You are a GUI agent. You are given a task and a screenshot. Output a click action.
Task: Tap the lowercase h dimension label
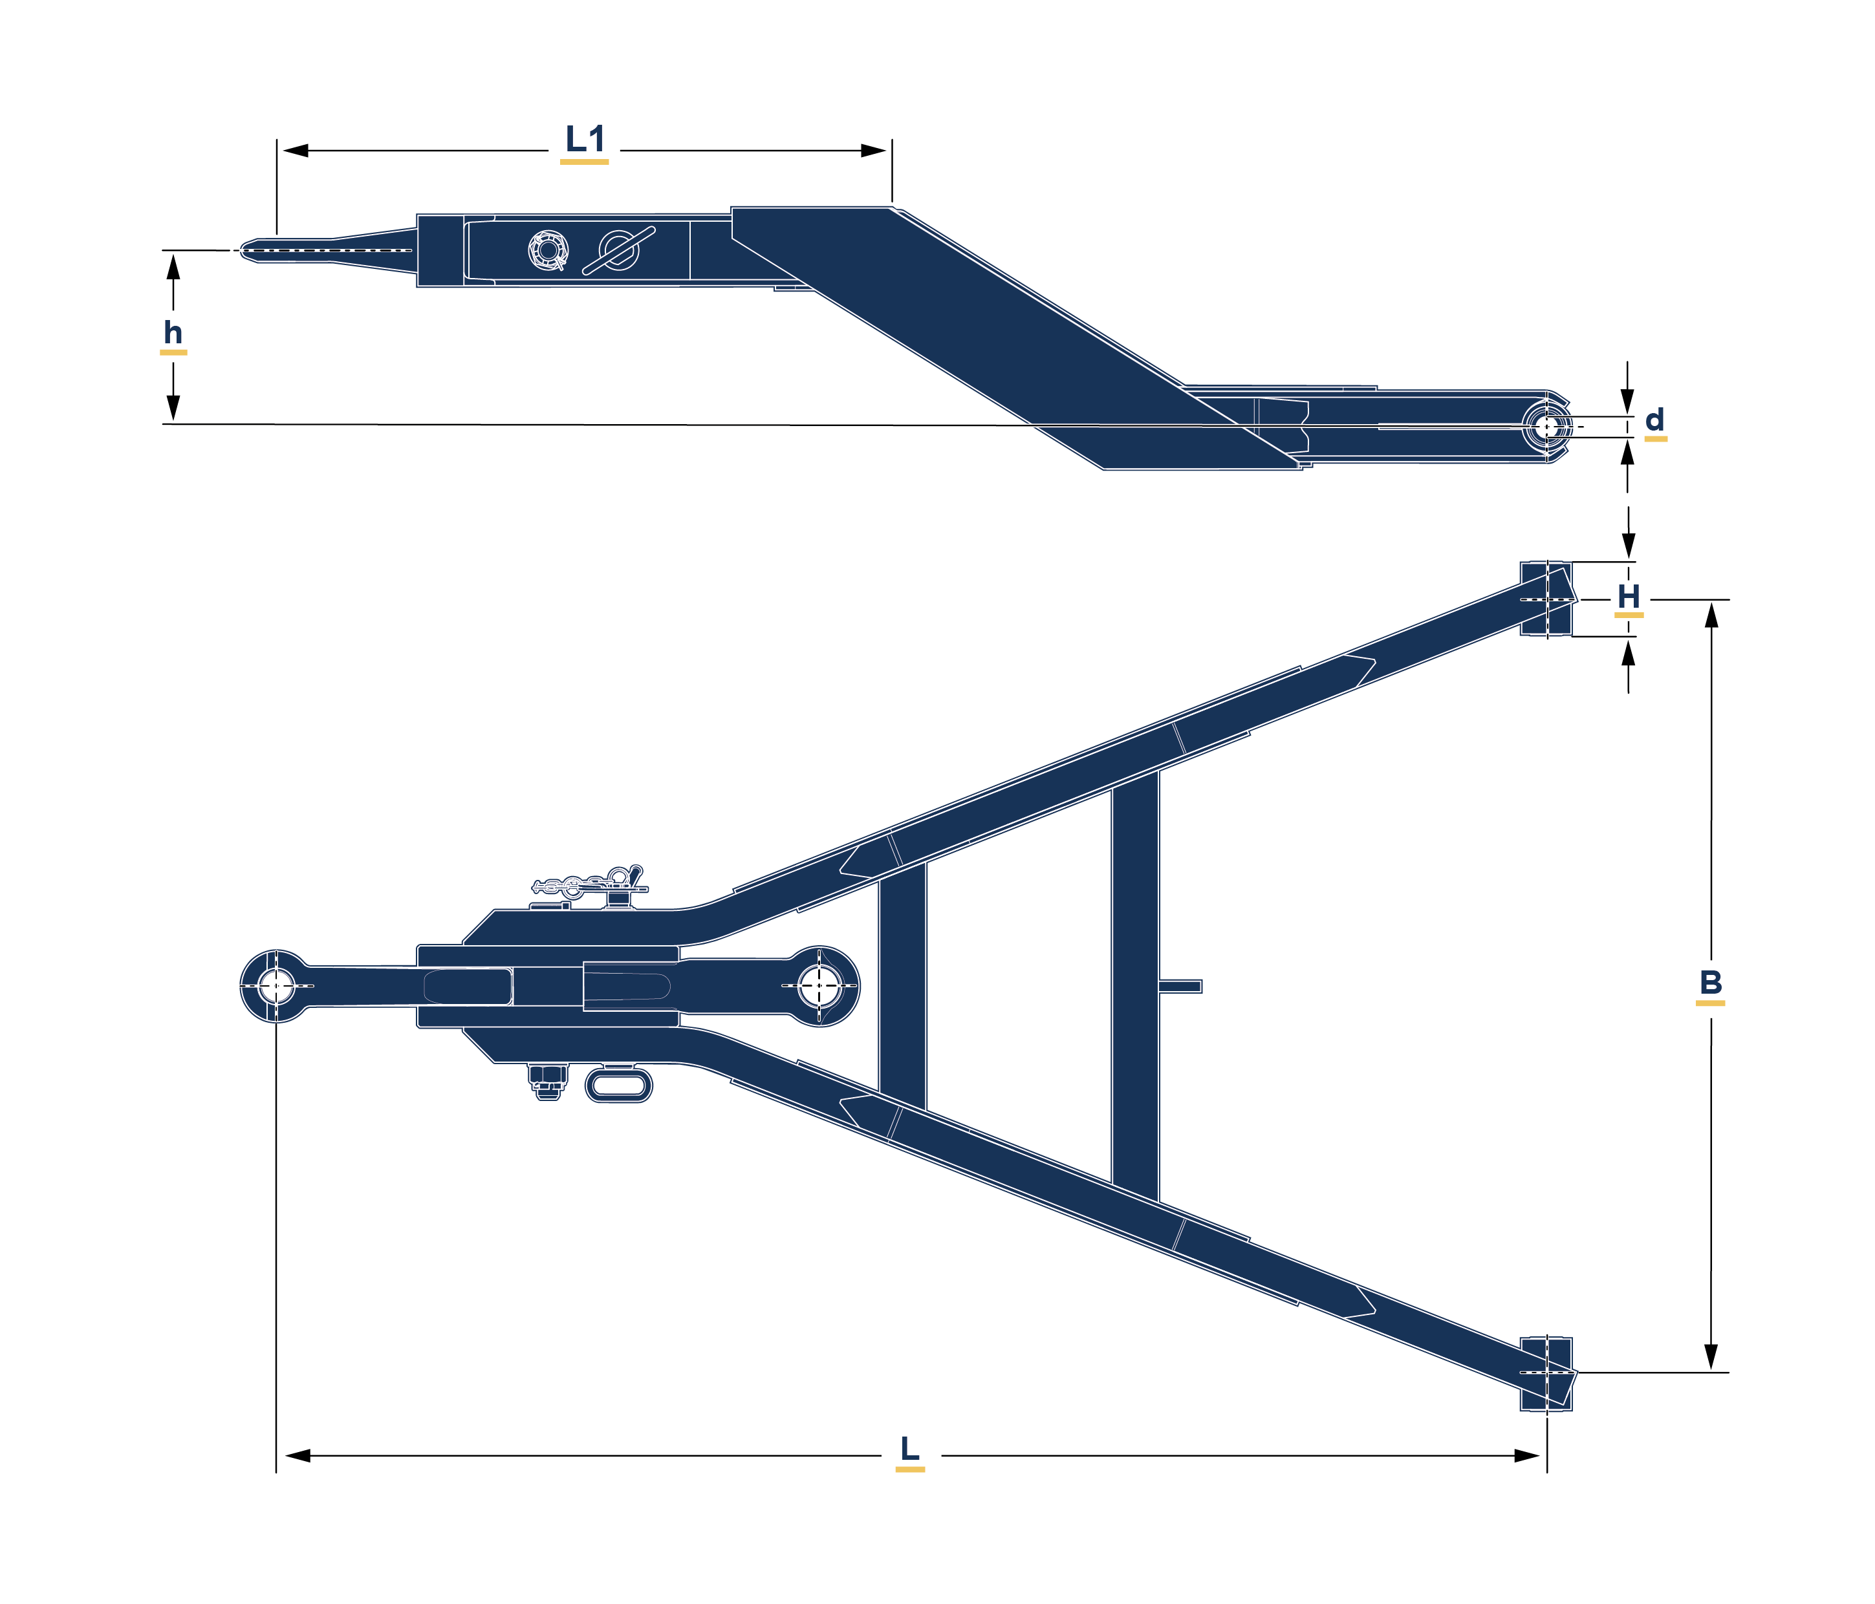click(173, 333)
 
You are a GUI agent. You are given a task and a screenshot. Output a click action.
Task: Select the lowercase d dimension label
click(1654, 420)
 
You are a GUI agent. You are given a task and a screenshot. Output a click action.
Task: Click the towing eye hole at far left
click(276, 985)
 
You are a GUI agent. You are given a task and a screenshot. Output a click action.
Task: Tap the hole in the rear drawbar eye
click(820, 985)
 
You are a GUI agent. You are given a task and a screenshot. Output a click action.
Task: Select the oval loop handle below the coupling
click(619, 1085)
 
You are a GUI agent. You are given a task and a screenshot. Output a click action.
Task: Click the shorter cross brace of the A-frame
click(902, 986)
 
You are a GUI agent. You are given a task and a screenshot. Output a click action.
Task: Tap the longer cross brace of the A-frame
click(1135, 986)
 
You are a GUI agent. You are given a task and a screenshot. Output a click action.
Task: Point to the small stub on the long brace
click(1180, 986)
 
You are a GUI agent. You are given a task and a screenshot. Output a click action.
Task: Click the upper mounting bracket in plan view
click(1546, 599)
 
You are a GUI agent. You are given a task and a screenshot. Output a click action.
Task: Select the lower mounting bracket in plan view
click(1546, 1373)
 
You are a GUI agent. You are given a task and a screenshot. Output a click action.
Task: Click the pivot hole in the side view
click(1546, 426)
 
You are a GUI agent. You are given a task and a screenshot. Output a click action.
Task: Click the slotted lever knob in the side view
click(620, 250)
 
